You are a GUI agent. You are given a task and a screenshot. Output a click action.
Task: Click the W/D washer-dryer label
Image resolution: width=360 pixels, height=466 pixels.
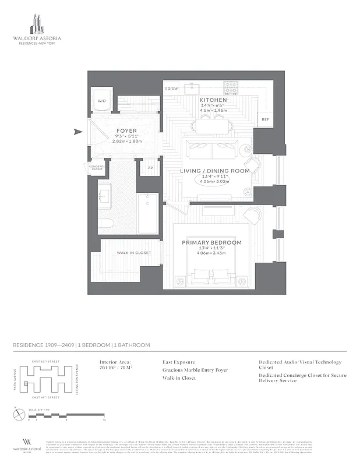[102, 101]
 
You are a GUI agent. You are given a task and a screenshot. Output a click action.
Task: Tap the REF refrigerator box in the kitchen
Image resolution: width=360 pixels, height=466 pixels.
[265, 119]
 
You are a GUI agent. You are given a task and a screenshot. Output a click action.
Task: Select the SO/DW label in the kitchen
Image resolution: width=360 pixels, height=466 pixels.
[171, 89]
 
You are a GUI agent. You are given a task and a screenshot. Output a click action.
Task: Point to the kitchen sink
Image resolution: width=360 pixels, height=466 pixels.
[193, 89]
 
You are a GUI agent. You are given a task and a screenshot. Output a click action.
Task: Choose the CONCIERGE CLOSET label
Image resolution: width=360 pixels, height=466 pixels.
[96, 168]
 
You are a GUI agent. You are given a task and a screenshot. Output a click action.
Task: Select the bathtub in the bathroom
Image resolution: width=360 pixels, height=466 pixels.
[147, 214]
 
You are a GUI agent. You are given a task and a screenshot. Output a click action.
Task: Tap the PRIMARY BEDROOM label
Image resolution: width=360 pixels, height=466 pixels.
[211, 242]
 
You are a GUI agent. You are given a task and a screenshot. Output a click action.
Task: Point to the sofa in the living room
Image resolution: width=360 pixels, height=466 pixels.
[211, 151]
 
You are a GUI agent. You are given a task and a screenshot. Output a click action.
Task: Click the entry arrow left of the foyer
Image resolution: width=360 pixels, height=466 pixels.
[79, 132]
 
